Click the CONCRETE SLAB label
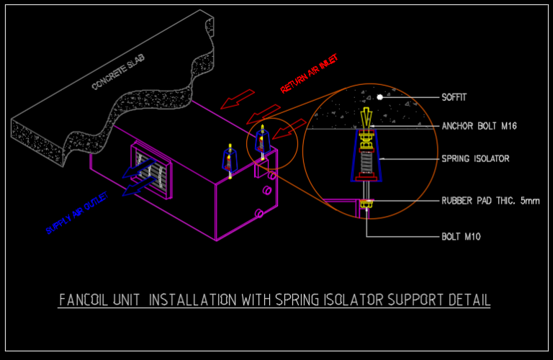pyautogui.click(x=118, y=74)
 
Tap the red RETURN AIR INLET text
pyautogui.click(x=309, y=74)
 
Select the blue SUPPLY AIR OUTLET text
pyautogui.click(x=77, y=212)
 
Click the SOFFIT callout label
pyautogui.click(x=455, y=96)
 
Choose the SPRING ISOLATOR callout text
pyautogui.click(x=475, y=158)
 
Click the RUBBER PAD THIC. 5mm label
pyautogui.click(x=490, y=201)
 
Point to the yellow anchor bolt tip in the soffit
pyautogui.click(x=367, y=114)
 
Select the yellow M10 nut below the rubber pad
pyautogui.click(x=366, y=207)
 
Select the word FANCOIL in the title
pyautogui.click(x=84, y=300)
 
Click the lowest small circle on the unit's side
pyautogui.click(x=259, y=212)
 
